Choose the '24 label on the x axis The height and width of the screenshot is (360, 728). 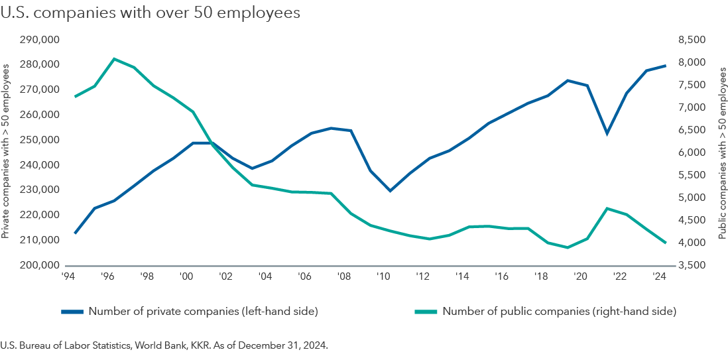658,276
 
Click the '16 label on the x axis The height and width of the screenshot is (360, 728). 501,276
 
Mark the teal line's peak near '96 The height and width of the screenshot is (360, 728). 115,59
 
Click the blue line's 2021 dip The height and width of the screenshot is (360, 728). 606,134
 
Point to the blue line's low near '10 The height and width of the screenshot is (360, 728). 390,191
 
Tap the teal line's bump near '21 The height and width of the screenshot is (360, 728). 607,208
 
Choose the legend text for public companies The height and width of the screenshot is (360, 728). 558,311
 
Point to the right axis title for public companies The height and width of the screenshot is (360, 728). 722,152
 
